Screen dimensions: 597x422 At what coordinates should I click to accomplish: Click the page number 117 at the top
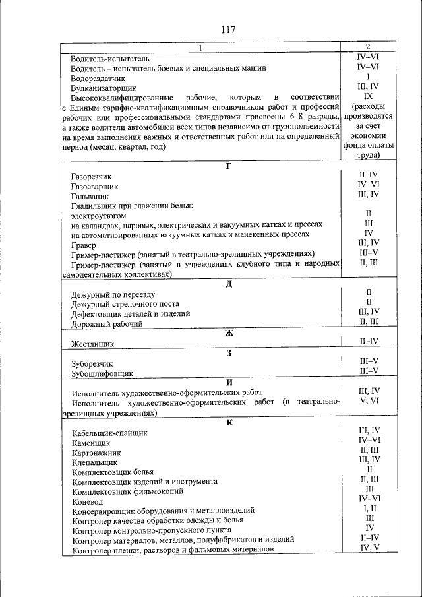click(228, 29)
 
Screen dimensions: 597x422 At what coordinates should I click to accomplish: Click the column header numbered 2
click(368, 47)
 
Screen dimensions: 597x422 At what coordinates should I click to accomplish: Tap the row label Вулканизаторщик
click(103, 87)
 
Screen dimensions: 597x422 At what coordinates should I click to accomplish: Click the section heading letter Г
click(228, 166)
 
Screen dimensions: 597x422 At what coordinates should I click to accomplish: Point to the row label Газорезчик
click(92, 177)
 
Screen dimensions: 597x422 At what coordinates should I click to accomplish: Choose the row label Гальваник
click(90, 197)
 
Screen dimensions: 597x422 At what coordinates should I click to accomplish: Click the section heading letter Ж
click(228, 332)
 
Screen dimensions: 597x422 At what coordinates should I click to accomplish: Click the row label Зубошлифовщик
click(102, 373)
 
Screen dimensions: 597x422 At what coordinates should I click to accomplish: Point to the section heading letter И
click(228, 383)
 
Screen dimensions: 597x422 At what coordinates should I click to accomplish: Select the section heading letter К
click(228, 422)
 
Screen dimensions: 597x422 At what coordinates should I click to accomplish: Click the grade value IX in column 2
click(368, 96)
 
